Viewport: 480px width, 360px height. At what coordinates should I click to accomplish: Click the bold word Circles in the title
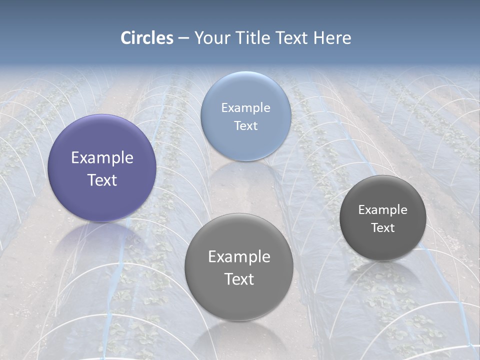147,38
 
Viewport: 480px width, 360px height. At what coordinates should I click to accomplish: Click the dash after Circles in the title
183,38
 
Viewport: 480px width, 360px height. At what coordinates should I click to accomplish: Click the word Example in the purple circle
102,158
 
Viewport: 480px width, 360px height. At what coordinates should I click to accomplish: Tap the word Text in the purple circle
102,180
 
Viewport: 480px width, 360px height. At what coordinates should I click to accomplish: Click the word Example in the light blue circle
245,108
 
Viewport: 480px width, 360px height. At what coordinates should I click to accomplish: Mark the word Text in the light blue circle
245,126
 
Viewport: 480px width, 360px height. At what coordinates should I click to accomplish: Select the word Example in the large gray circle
239,257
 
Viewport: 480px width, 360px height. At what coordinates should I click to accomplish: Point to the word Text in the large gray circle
239,279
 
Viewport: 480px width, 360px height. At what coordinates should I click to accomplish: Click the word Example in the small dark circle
383,210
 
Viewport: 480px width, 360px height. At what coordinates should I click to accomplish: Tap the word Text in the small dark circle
383,228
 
